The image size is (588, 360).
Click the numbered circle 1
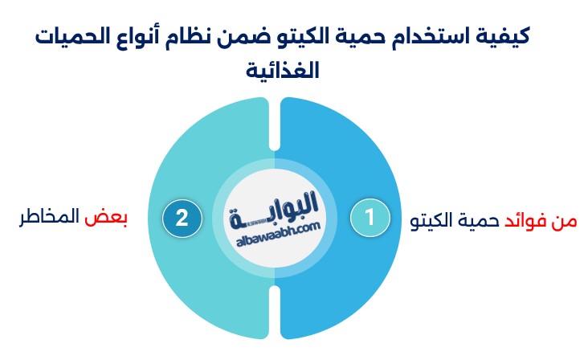pos(370,218)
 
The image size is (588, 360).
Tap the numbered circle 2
pos(182,219)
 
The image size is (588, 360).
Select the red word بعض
pos(106,218)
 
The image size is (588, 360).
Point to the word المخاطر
pos(49,217)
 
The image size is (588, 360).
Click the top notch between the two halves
pos(275,124)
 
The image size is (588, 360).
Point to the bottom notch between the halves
pos(275,312)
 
